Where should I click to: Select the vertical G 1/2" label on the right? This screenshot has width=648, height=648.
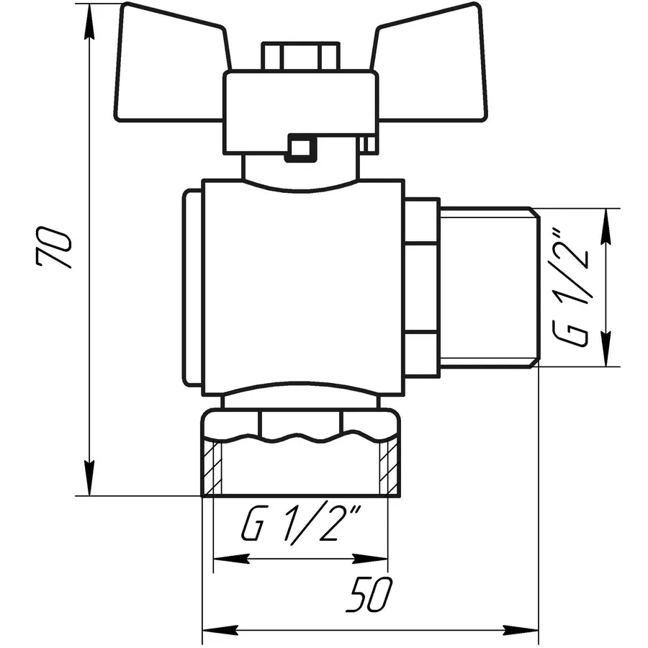pyautogui.click(x=572, y=288)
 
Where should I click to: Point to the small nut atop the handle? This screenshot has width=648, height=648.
pyautogui.click(x=299, y=56)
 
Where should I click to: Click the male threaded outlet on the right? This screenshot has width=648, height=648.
pyautogui.click(x=486, y=288)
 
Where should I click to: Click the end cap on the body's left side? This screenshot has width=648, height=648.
pyautogui.click(x=191, y=288)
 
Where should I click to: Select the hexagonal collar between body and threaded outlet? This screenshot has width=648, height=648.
pyautogui.click(x=421, y=288)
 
